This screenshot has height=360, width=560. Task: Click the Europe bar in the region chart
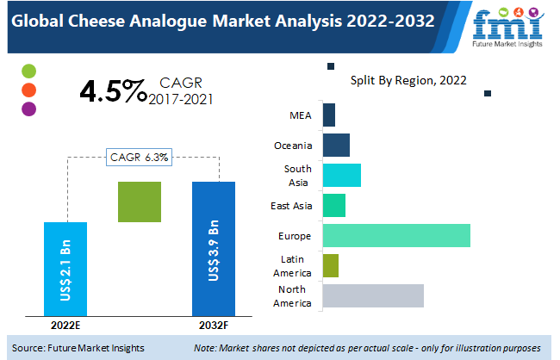[x=395, y=235]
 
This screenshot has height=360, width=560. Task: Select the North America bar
[x=372, y=295]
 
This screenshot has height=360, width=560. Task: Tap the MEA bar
[x=328, y=115]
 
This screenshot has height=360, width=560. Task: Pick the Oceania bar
[x=335, y=145]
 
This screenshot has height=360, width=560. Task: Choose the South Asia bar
[x=341, y=175]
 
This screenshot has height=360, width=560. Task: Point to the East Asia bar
[x=333, y=205]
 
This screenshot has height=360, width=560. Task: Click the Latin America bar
[x=330, y=265]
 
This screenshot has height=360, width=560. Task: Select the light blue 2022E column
[x=65, y=268]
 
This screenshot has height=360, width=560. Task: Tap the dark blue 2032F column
[x=213, y=248]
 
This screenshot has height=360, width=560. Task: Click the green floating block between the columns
[x=140, y=202]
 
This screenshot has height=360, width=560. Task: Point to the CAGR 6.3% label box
[x=140, y=158]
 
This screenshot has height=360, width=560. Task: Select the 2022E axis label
[x=65, y=326]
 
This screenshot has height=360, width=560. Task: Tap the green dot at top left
[x=29, y=71]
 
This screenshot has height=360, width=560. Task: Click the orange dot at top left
[x=29, y=90]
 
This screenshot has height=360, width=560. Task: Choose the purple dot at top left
[x=29, y=109]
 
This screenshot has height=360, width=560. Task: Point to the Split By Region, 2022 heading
[x=408, y=81]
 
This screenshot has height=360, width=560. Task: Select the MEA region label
[x=301, y=115]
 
